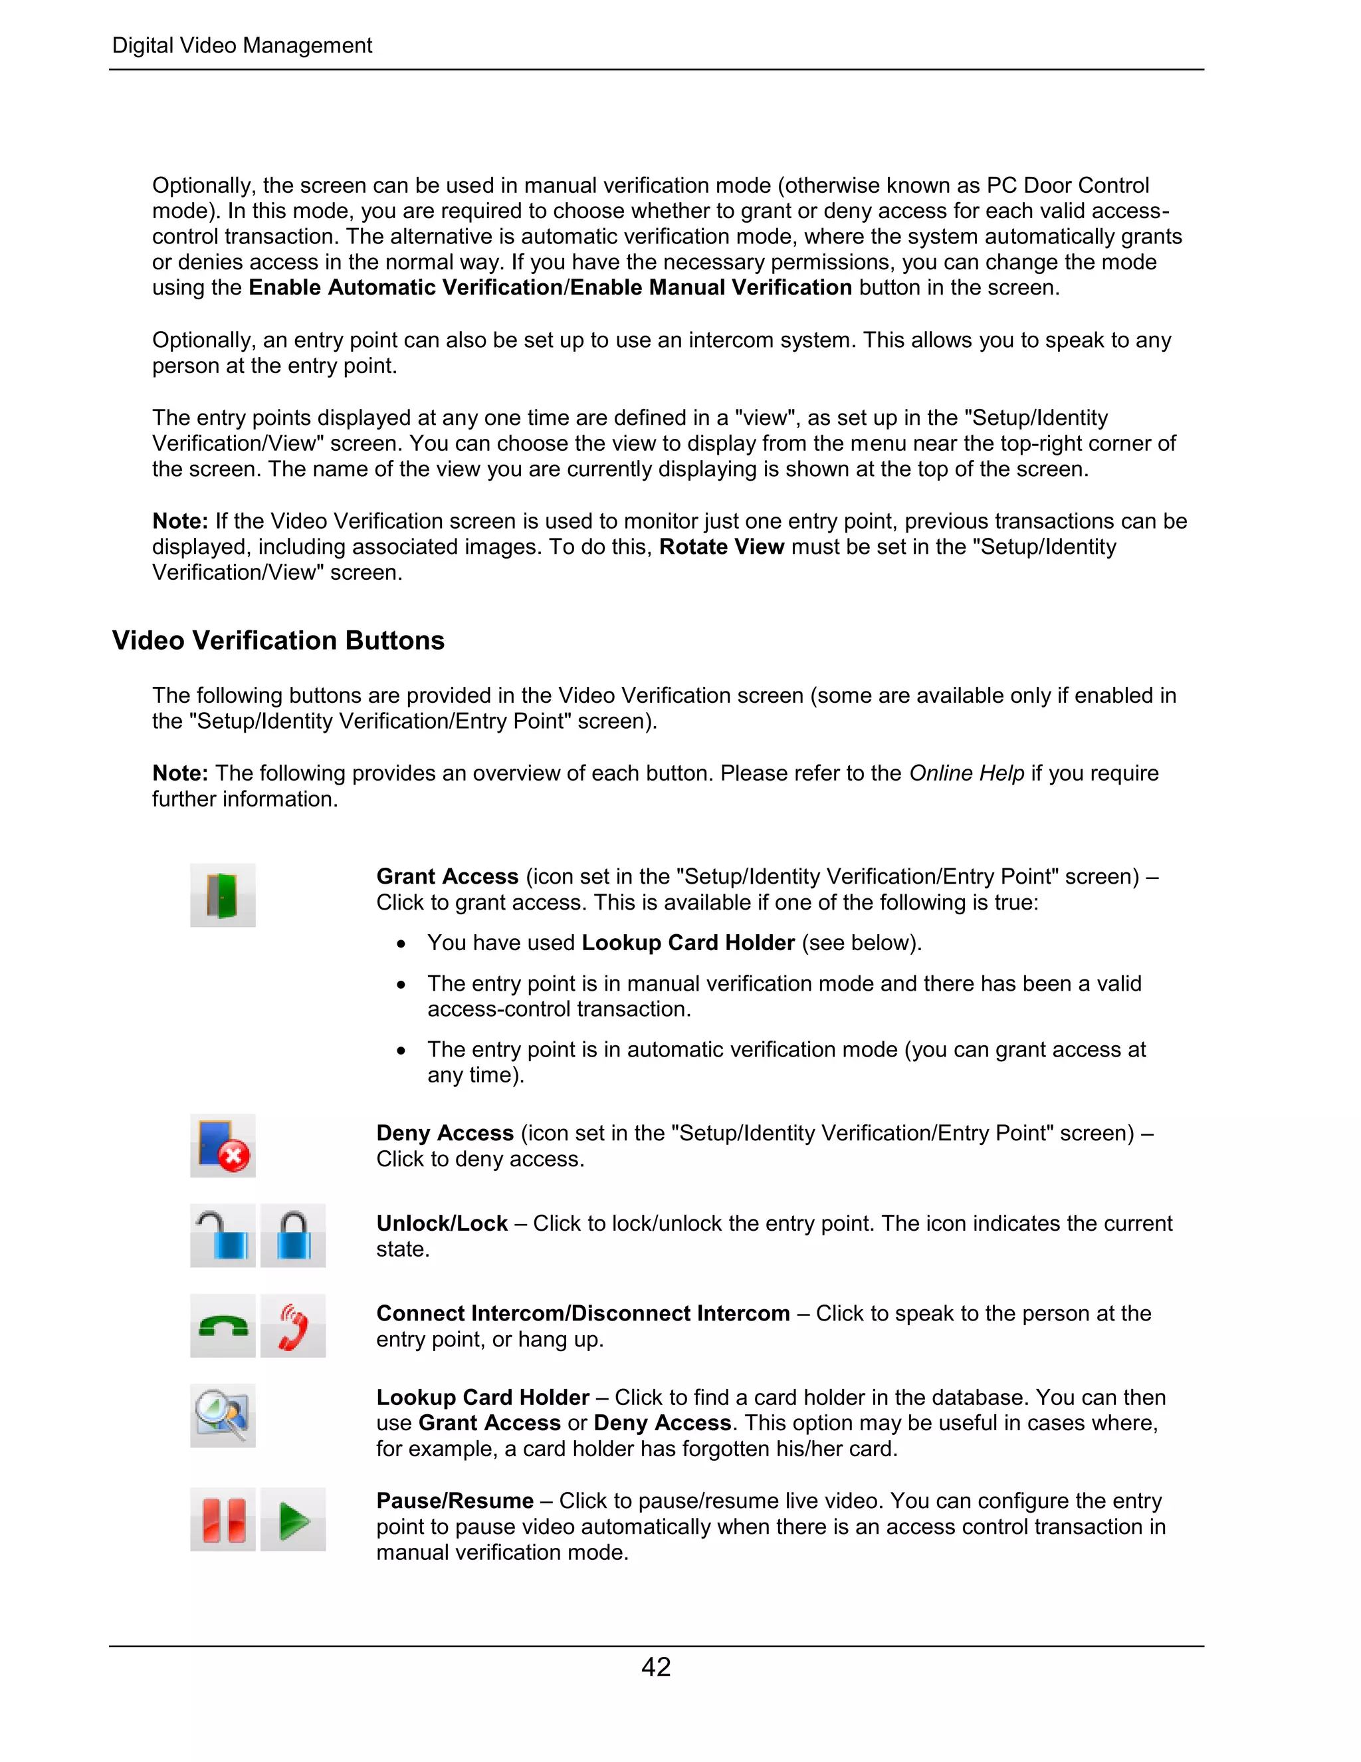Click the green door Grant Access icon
(223, 895)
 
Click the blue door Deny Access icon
(223, 1146)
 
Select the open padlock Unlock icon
(223, 1235)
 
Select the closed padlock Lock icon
(292, 1235)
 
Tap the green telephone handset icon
(223, 1326)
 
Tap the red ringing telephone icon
(292, 1326)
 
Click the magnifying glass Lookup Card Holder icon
(223, 1415)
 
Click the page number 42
(655, 1667)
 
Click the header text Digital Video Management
(242, 45)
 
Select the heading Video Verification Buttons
(278, 640)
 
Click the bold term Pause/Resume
(455, 1501)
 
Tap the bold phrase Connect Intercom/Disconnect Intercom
(583, 1313)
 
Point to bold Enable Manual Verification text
(710, 287)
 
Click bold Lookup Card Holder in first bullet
(688, 942)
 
